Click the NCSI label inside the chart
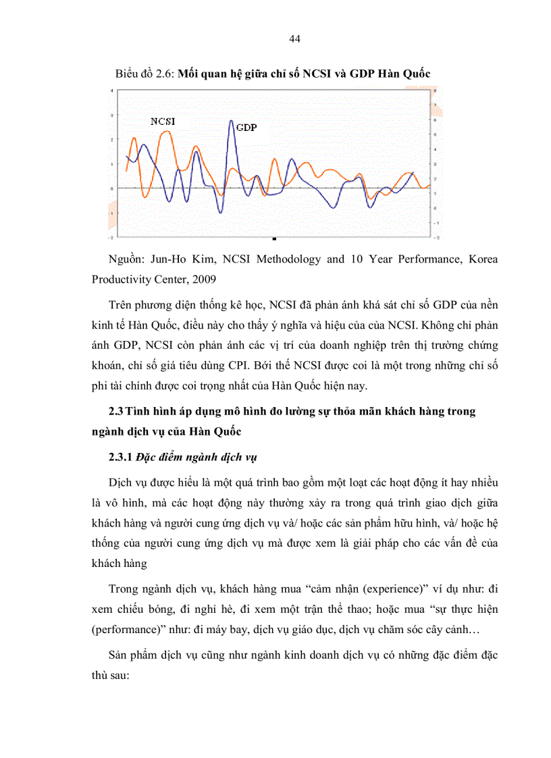tap(163, 121)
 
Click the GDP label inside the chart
tap(246, 128)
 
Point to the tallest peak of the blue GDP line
tap(231, 121)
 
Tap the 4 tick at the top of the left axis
tap(111, 90)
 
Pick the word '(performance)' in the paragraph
tap(128, 627)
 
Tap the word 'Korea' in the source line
tap(481, 259)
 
